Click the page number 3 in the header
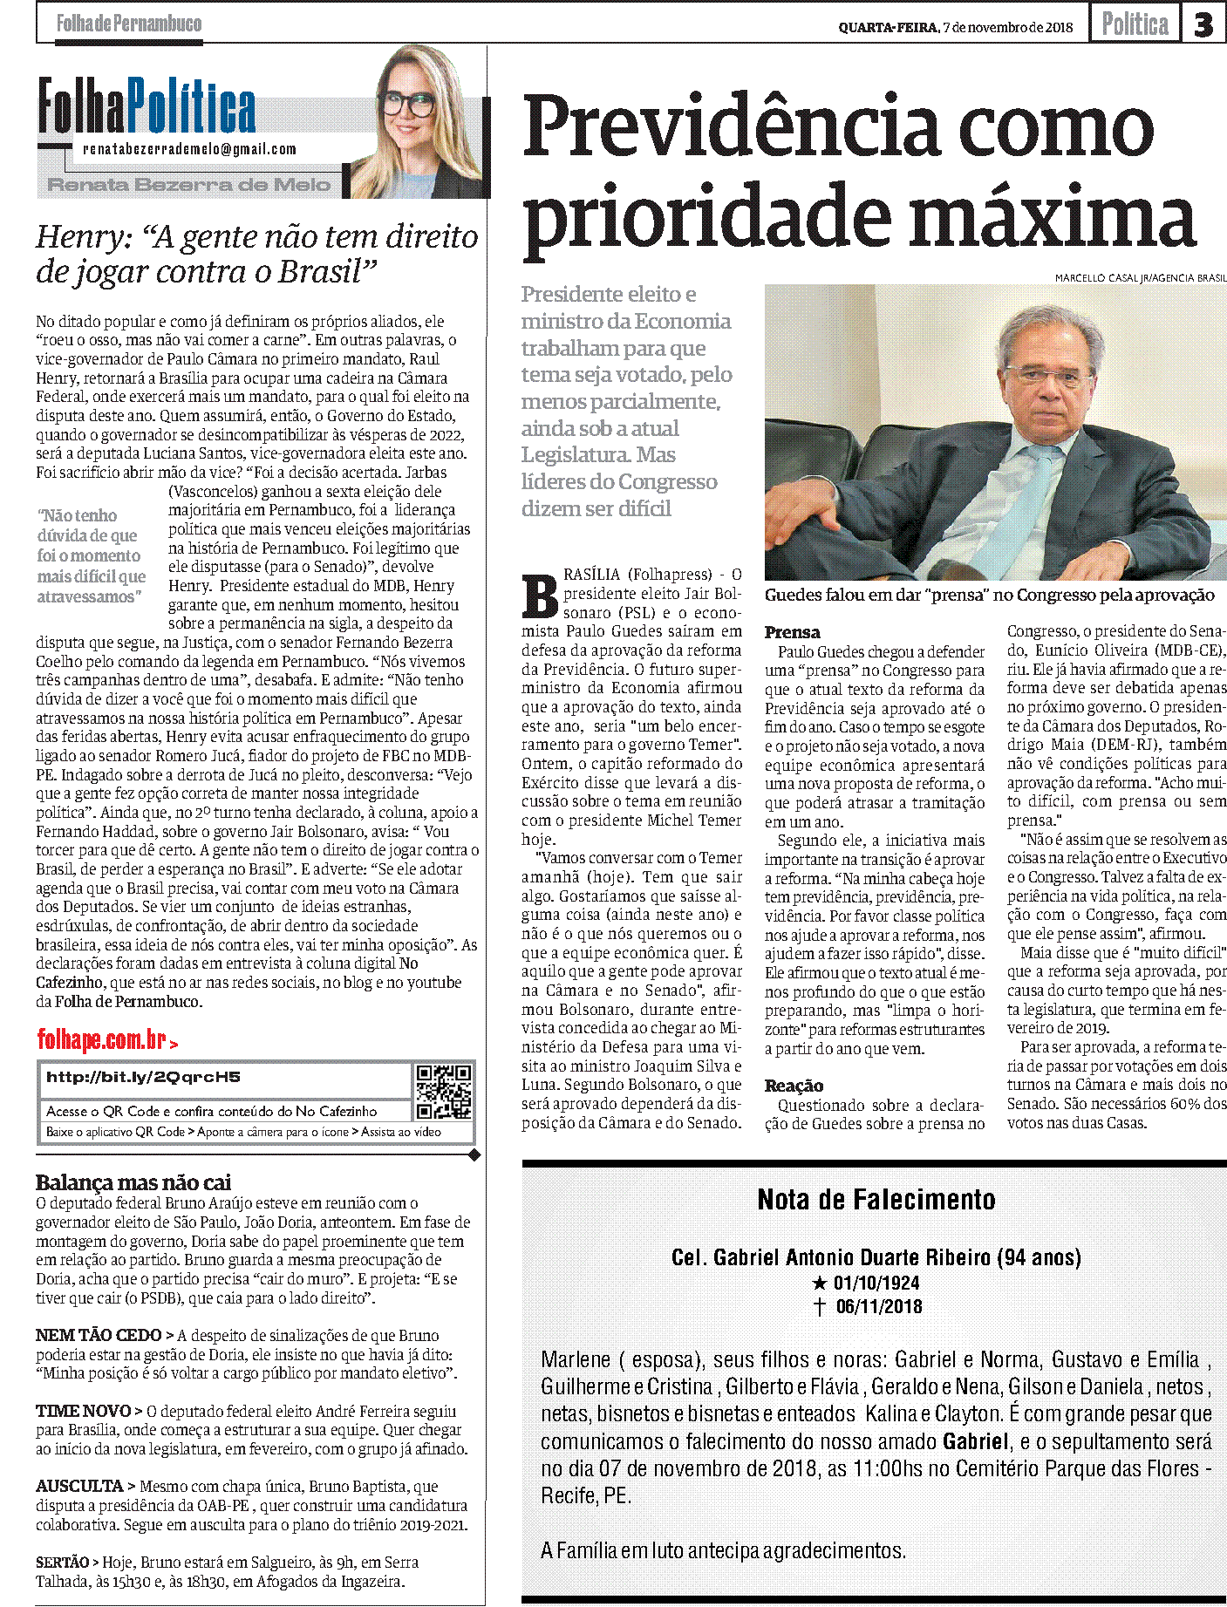coord(1203,24)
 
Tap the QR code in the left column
coord(444,1091)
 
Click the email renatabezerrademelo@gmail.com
coord(189,149)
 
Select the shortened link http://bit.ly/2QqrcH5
coord(143,1078)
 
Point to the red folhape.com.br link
coord(103,1040)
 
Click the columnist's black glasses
coord(408,105)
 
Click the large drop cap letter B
coord(540,597)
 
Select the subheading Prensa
coord(792,632)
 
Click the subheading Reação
coord(794,1086)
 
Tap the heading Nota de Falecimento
coord(876,1200)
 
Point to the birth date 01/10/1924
coord(876,1283)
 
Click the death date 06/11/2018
coord(878,1306)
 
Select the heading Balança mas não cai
coord(133,1182)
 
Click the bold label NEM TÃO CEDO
coord(99,1335)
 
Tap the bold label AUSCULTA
coord(79,1486)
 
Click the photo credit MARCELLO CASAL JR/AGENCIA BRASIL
coord(1140,277)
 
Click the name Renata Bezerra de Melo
coord(189,185)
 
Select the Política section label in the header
coord(1135,24)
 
